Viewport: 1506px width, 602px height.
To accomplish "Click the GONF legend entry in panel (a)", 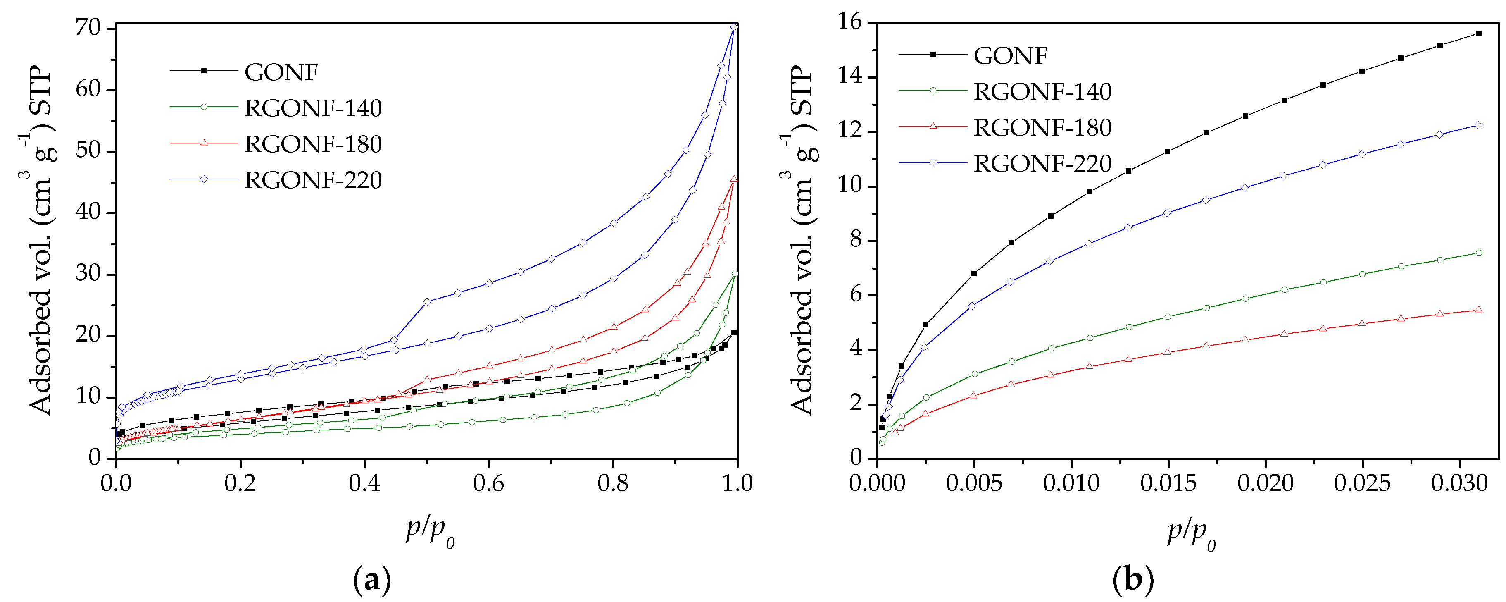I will (x=281, y=72).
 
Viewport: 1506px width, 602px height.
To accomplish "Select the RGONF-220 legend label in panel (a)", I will (x=313, y=180).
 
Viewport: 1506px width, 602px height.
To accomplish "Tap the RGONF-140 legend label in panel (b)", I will (x=1042, y=92).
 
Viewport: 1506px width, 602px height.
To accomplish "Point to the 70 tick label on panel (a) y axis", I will (x=88, y=28).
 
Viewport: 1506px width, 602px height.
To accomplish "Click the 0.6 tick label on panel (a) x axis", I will (x=489, y=483).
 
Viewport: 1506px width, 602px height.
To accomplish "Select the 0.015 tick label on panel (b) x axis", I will (x=1168, y=483).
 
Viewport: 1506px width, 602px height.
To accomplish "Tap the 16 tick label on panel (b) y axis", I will (x=851, y=22).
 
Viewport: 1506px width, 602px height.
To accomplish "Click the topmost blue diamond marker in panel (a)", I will (x=734, y=27).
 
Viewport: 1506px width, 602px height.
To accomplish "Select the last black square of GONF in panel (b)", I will (x=1478, y=33).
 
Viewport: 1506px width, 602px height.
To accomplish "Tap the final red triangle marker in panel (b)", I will (x=1478, y=310).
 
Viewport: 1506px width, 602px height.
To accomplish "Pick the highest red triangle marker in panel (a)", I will (x=734, y=179).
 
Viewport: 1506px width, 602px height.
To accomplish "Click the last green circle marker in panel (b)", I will (x=1478, y=253).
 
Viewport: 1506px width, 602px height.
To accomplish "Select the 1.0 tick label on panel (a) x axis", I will (x=737, y=483).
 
